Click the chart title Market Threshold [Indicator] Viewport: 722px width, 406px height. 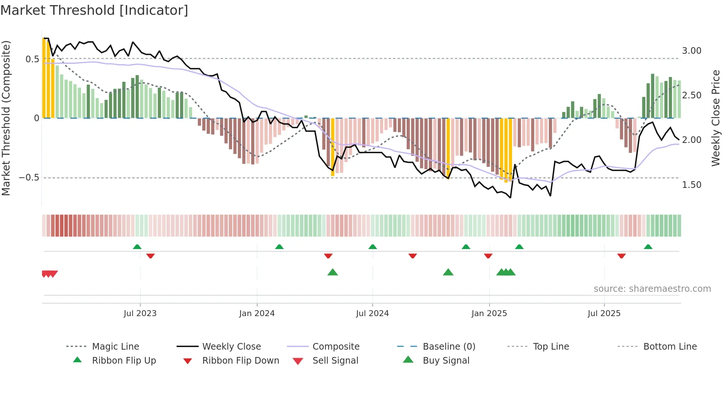click(94, 10)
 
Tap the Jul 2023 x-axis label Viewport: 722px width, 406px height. click(140, 314)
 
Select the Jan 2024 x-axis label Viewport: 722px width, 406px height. click(257, 314)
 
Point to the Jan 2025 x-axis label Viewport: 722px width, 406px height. click(489, 314)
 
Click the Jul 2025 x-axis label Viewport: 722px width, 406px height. click(604, 314)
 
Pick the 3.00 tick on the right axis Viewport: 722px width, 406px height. click(691, 51)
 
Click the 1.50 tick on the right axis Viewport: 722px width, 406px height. click(691, 185)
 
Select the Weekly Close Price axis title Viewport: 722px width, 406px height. click(715, 118)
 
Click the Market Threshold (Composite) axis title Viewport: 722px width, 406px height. click(6, 118)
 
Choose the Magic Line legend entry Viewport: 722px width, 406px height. click(115, 347)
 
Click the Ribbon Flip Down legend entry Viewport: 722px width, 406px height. click(241, 361)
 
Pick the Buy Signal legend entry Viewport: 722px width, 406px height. click(446, 361)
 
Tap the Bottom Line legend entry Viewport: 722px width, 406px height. click(670, 347)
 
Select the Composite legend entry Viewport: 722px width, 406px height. click(336, 347)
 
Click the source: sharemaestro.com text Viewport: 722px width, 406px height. click(652, 289)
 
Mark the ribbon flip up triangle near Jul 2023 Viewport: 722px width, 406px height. click(137, 246)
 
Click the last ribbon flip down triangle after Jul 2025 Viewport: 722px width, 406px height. click(621, 256)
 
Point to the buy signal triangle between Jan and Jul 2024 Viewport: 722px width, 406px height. click(333, 272)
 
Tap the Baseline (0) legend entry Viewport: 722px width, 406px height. click(449, 347)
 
